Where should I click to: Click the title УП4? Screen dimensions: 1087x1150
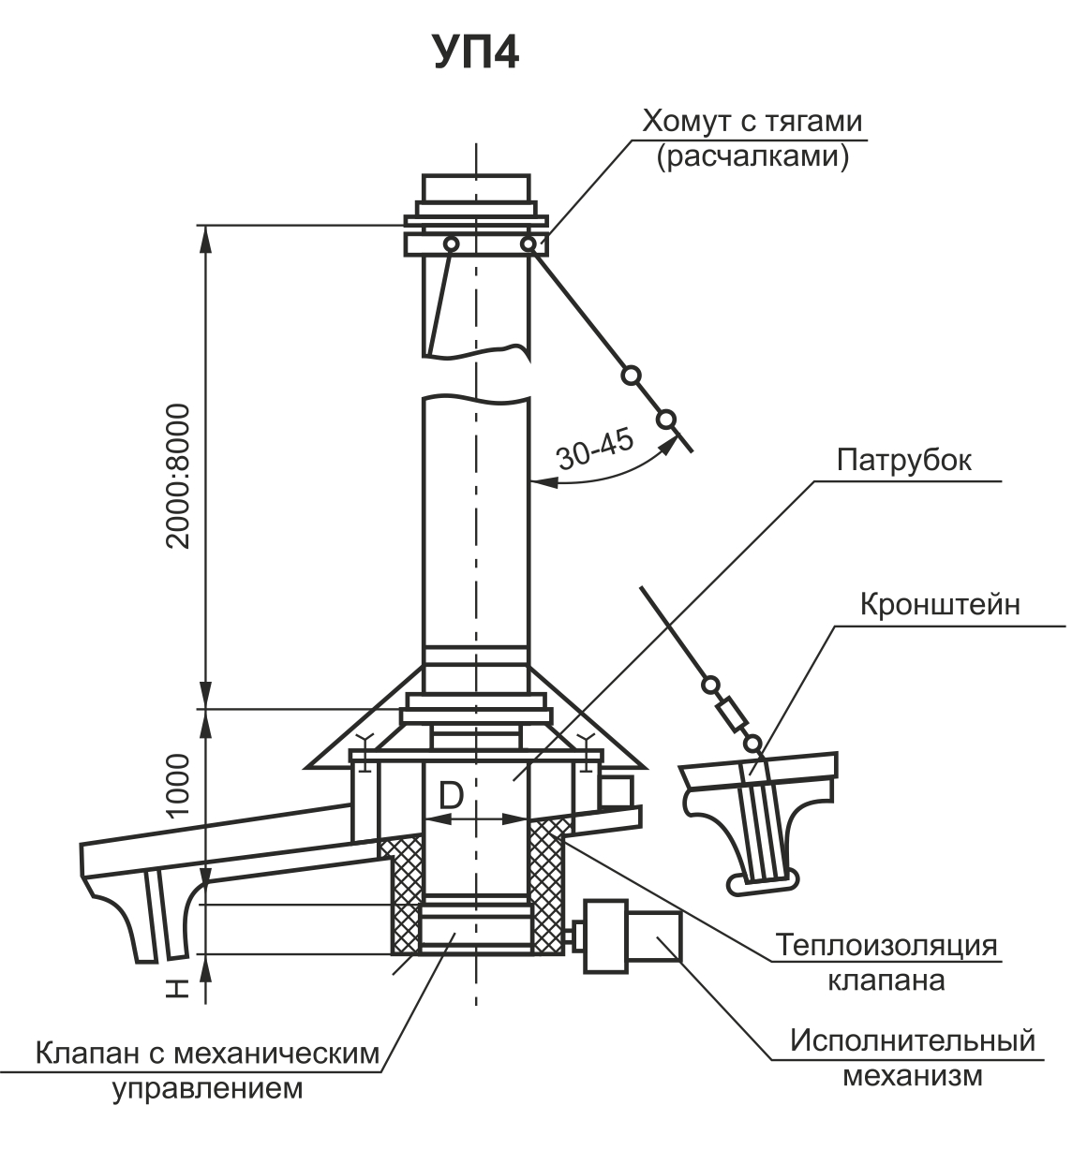[477, 52]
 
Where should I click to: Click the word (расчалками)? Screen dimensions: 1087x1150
[753, 157]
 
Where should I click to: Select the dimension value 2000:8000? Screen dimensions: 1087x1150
[178, 476]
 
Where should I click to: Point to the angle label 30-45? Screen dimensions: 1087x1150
[596, 450]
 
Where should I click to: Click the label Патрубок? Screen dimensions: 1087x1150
[904, 461]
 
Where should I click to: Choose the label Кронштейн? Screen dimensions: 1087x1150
[940, 605]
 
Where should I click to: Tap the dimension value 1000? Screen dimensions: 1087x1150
[178, 785]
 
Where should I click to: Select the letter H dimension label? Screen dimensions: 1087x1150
[178, 988]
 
